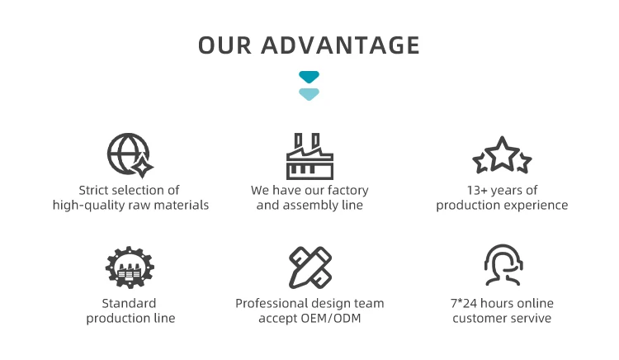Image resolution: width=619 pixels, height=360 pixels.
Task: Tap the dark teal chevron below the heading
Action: pos(309,78)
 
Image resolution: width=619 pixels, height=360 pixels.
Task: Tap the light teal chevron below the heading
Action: pos(309,93)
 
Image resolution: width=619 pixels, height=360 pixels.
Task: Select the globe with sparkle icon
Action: pos(130,155)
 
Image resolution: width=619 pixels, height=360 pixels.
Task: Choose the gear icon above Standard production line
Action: pos(130,266)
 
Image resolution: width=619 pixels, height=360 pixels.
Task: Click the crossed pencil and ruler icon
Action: pos(309,266)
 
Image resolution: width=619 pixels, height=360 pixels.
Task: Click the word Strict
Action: pos(97,191)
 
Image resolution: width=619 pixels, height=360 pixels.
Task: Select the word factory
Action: pos(348,191)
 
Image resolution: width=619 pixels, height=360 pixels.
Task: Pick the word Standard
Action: pos(129,304)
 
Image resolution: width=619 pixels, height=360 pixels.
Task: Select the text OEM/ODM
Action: pos(334,319)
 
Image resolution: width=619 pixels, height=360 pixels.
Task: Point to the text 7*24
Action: pos(464,304)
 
